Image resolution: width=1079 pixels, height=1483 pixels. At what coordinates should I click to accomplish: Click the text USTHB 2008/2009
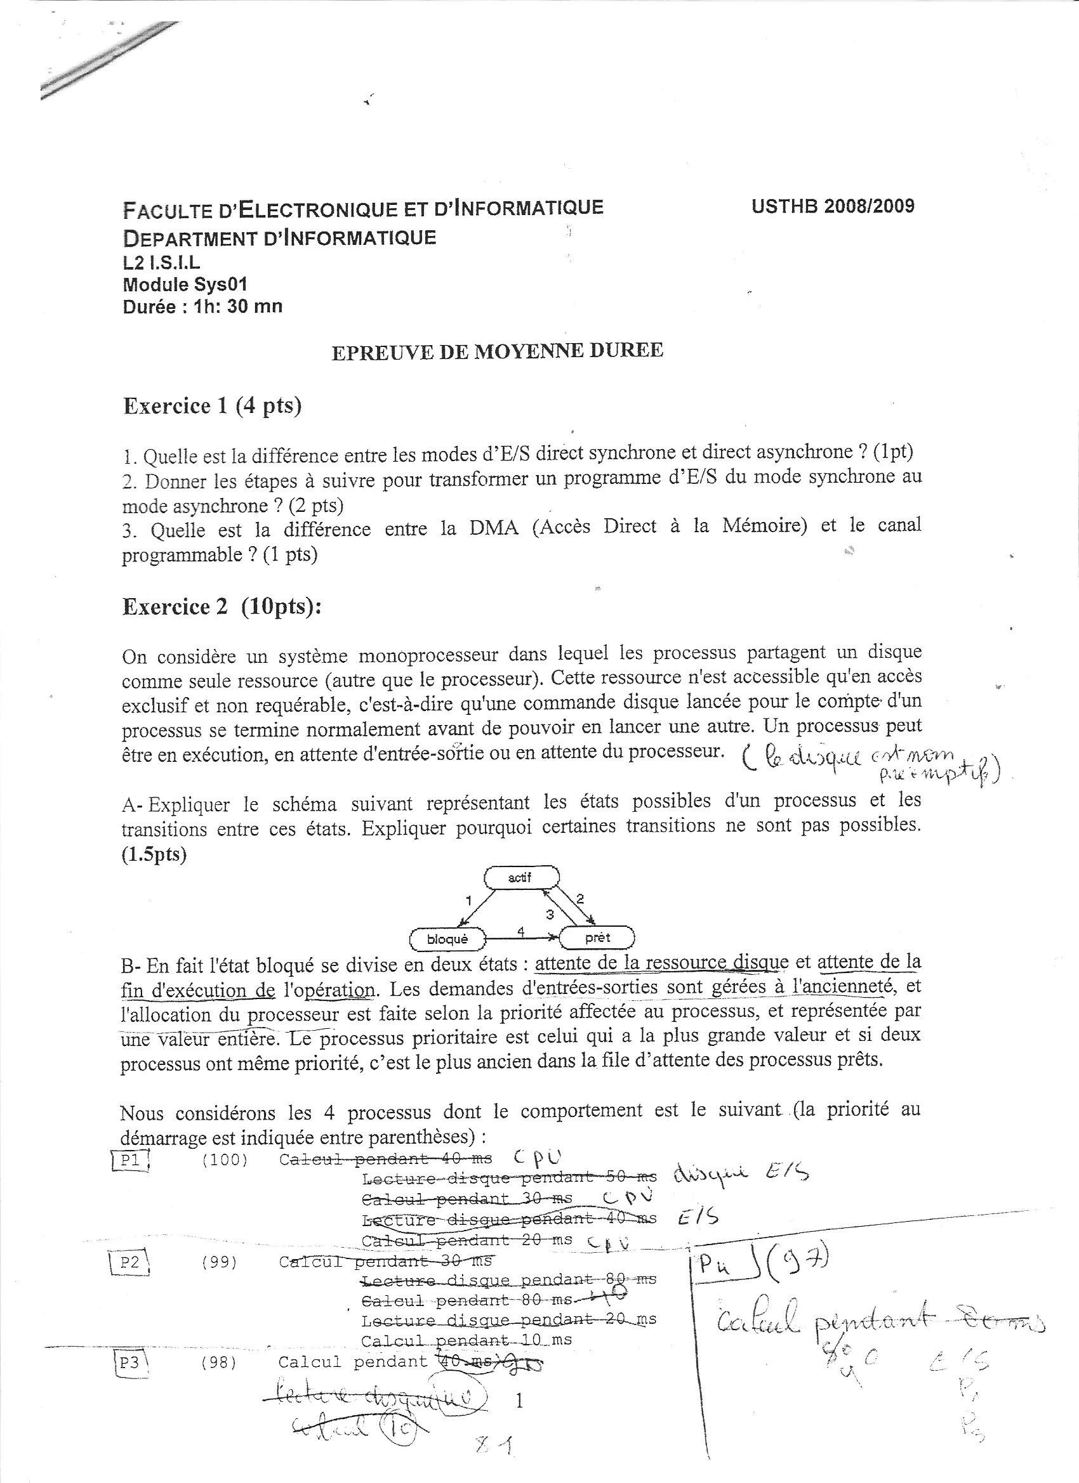click(x=833, y=207)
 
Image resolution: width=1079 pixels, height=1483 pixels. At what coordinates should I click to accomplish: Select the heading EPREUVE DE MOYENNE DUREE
click(x=498, y=351)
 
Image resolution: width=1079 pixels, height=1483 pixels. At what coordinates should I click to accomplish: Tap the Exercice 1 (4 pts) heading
click(x=212, y=406)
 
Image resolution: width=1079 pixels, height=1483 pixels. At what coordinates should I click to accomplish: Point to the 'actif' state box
click(x=521, y=878)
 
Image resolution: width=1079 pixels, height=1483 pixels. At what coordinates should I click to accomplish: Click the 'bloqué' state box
click(x=447, y=939)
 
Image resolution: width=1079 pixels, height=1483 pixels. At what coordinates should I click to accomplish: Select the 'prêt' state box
click(x=597, y=937)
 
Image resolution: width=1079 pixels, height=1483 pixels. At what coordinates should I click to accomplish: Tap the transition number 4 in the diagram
click(x=521, y=931)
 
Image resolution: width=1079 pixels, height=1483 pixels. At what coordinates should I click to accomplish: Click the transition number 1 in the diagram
click(x=468, y=901)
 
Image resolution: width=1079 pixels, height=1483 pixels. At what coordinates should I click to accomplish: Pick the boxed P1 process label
click(x=131, y=1160)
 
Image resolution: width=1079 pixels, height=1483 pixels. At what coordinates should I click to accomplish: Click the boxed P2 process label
click(x=129, y=1262)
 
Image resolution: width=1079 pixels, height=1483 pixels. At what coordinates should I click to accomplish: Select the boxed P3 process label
click(x=130, y=1362)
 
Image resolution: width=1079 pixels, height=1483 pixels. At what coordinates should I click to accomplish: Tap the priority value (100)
click(x=225, y=1160)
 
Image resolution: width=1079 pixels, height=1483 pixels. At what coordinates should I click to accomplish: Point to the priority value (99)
click(x=219, y=1262)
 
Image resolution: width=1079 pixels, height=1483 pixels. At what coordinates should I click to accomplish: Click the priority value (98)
click(x=219, y=1362)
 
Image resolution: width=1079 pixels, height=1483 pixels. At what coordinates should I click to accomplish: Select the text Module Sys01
click(x=185, y=284)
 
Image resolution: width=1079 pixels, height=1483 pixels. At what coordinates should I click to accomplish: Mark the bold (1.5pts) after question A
click(x=154, y=854)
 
